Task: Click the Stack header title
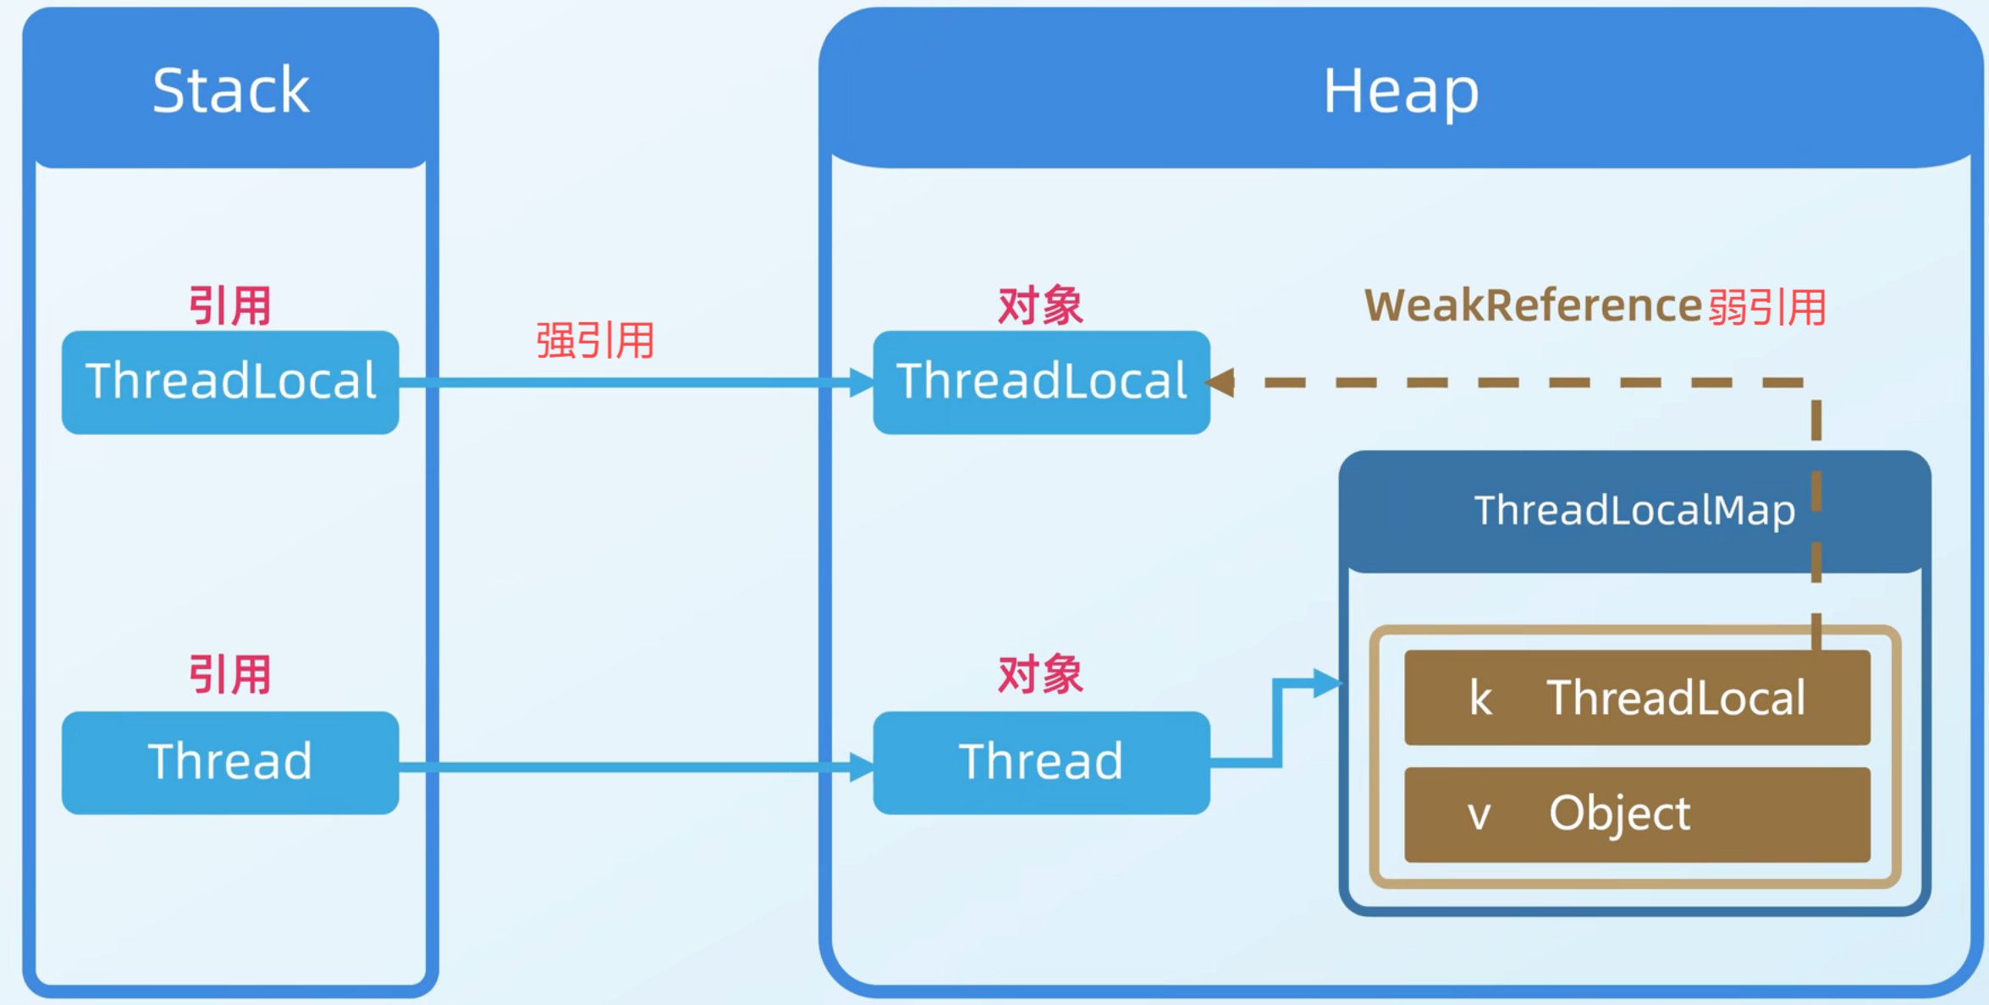coord(230,91)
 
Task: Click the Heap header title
coord(1401,91)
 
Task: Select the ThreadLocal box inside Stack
coord(230,382)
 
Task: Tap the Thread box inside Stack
coord(230,762)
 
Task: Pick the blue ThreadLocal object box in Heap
coord(1041,382)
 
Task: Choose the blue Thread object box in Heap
coord(1041,762)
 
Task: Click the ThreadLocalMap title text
coord(1634,510)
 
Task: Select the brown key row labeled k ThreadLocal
coord(1637,698)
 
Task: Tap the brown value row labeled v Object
coord(1637,815)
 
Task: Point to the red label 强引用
coord(595,341)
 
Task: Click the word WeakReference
coord(1533,305)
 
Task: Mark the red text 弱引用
coord(1767,307)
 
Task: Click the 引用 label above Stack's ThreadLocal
coord(229,305)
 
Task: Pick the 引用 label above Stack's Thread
coord(229,674)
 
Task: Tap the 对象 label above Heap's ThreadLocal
coord(1040,305)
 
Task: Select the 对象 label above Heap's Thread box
coord(1040,674)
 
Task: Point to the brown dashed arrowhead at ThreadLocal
coord(1220,382)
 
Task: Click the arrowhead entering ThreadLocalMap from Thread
coord(1327,683)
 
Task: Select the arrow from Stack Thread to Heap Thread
coord(635,767)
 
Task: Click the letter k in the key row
coord(1480,699)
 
